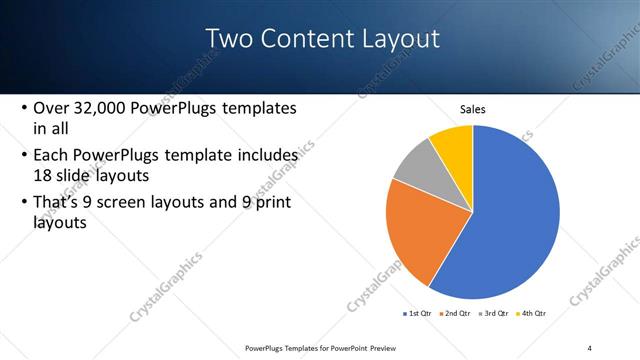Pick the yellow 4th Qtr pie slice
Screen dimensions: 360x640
tap(453, 144)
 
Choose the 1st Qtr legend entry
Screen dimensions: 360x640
tap(418, 313)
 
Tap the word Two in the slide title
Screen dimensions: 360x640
tap(227, 39)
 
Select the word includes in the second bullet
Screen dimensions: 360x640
tap(264, 155)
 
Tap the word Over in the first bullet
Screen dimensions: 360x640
tap(51, 108)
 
